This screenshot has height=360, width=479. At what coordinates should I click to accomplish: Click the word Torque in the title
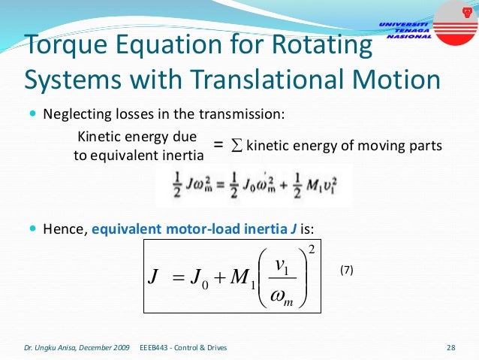(63, 47)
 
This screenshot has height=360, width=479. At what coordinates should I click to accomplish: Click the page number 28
(451, 347)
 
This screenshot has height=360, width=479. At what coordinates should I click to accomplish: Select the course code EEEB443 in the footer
(155, 347)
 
